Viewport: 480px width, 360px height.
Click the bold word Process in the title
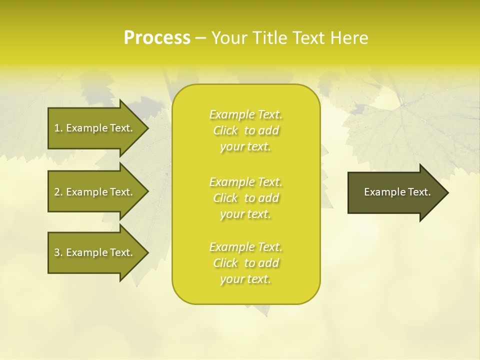(157, 38)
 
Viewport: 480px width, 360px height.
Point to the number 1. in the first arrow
(58, 128)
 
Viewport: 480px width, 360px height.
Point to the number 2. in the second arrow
(58, 192)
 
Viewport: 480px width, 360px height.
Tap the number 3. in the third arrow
(58, 252)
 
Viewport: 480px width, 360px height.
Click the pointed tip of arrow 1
(146, 128)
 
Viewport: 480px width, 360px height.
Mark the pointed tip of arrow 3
(146, 252)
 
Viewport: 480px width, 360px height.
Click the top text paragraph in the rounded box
(245, 130)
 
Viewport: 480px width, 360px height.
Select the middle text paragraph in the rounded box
(245, 198)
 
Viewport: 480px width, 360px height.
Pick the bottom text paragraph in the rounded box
(245, 263)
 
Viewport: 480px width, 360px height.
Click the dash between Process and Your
(200, 38)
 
